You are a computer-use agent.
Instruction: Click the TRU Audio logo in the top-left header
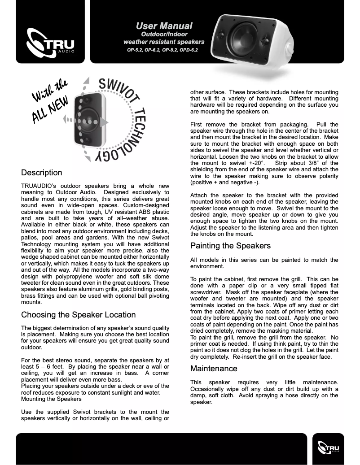click(50, 43)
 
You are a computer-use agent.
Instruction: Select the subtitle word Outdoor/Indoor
click(164, 34)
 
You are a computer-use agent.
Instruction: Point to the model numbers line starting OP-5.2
click(162, 50)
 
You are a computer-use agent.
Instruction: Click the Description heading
click(42, 173)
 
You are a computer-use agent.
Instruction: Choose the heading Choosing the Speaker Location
click(78, 315)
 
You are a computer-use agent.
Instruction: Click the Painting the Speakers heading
click(230, 246)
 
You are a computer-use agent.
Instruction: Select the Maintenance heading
click(214, 369)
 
